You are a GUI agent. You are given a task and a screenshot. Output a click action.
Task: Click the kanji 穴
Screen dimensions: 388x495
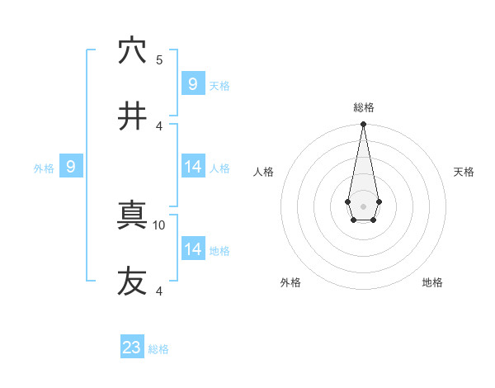pos(132,51)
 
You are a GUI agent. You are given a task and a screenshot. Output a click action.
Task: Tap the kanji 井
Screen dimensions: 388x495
pos(132,116)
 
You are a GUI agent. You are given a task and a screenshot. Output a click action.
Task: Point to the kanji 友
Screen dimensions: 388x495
pos(132,282)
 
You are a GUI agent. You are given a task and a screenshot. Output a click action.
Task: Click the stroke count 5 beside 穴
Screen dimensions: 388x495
pos(159,59)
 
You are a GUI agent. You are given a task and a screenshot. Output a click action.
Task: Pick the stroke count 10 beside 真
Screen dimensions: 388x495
pos(160,225)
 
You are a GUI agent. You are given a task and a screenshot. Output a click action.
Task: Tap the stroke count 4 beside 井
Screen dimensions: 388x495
pos(159,125)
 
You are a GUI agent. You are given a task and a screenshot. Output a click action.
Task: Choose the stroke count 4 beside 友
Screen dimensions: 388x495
pos(159,291)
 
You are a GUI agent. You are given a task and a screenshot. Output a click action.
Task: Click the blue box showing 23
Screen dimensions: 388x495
pos(132,348)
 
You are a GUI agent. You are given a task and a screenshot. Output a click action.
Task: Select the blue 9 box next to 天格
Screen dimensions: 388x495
pos(193,84)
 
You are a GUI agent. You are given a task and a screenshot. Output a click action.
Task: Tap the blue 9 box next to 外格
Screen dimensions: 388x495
pos(71,168)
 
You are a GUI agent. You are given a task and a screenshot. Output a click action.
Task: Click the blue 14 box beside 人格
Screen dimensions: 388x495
pos(193,168)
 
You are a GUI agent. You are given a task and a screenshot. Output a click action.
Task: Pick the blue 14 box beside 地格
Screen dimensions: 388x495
pos(193,249)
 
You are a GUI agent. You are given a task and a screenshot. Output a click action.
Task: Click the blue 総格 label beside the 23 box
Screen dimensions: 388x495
pos(158,349)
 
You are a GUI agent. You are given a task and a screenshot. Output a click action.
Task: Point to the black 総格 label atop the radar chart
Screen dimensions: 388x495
pos(364,107)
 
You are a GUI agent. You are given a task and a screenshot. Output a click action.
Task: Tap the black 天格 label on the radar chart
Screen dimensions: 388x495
pos(464,172)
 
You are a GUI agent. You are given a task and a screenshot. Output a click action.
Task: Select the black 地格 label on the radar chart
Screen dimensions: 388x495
pos(432,282)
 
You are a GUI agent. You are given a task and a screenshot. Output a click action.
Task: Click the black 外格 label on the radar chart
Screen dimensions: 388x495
pos(290,282)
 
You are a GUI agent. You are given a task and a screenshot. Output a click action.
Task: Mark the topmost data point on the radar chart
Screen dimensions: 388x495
pos(363,125)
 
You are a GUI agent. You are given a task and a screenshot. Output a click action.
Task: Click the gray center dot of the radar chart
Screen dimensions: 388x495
pos(363,206)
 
